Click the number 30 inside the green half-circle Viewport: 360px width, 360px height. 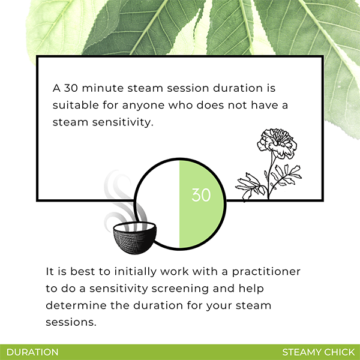(201, 195)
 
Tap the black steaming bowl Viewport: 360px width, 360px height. (135, 238)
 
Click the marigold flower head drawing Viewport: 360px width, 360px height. (277, 143)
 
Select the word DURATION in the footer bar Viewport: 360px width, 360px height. (32, 352)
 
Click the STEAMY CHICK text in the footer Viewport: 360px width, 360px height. (319, 352)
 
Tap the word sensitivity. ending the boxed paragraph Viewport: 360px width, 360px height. (122, 122)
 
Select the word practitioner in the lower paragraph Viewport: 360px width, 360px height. (266, 272)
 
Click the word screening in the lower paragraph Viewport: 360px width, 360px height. (180, 289)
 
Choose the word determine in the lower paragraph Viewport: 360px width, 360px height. (76, 305)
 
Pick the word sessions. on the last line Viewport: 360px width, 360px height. (71, 322)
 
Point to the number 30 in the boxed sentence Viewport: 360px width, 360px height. (71, 88)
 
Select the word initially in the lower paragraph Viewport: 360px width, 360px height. (135, 272)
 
